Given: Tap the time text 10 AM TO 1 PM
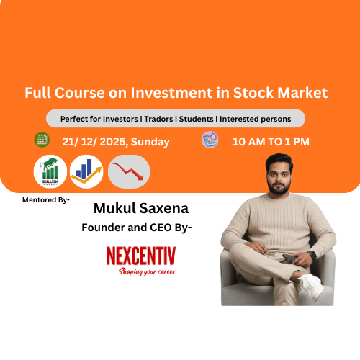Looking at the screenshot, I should [x=271, y=141].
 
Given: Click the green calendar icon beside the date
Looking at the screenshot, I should [x=42, y=140].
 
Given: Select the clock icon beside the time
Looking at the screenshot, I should [x=210, y=140].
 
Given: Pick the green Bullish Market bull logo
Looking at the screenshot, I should [x=50, y=172].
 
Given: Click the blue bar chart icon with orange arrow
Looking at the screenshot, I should [x=87, y=172].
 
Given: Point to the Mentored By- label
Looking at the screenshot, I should [x=46, y=199].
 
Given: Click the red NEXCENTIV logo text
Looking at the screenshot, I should [x=140, y=256].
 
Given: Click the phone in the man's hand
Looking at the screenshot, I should [x=289, y=257].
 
